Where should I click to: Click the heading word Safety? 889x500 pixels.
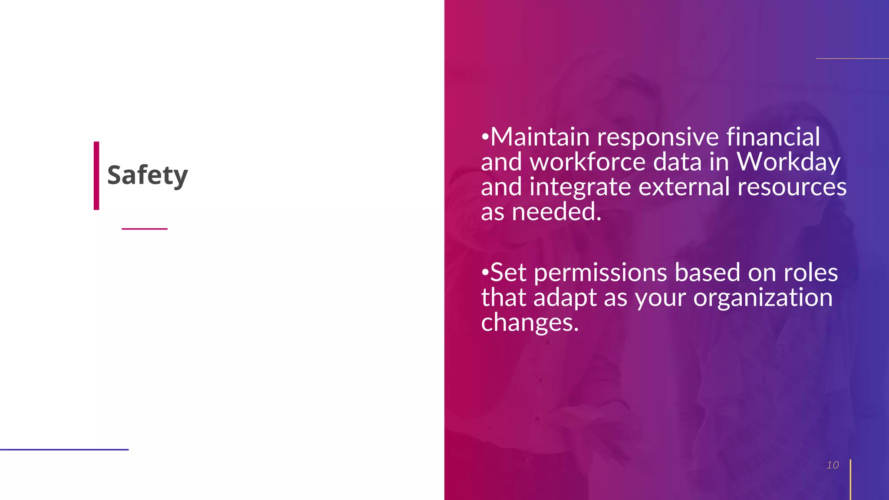click(147, 175)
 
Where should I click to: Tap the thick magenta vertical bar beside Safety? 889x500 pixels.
click(96, 176)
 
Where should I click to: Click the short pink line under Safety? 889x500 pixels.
click(145, 229)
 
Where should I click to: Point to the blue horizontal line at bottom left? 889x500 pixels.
click(64, 450)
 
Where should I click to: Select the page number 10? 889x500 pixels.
click(833, 465)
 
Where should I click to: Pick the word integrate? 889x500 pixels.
click(580, 187)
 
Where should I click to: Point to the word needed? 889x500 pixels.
click(556, 212)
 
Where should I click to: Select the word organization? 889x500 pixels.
click(763, 298)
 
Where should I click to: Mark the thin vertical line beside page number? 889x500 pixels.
click(850, 480)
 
